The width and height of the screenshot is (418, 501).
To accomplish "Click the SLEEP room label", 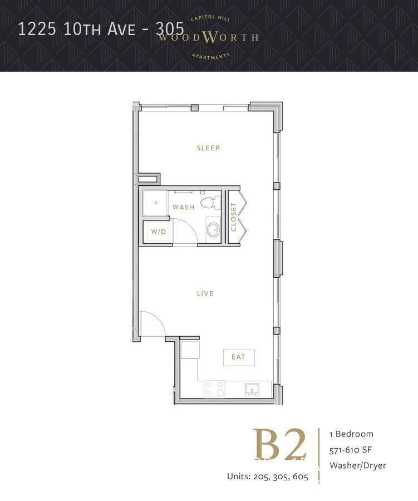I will (208, 148).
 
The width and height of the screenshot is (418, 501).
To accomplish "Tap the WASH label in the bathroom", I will (183, 207).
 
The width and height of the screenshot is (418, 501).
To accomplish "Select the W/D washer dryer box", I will (158, 232).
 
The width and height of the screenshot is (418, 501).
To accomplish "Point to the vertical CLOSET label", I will (234, 217).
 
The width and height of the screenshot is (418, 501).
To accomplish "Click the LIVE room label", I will (205, 293).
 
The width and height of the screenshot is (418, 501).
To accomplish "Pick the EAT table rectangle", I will (238, 357).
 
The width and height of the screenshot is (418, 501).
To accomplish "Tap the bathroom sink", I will (213, 229).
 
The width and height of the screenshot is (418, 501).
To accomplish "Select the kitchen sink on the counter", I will (252, 389).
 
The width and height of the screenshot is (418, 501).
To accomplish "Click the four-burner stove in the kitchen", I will (214, 389).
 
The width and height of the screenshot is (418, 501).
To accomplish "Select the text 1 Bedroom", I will (351, 434).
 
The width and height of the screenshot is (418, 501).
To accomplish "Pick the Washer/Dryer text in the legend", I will (357, 465).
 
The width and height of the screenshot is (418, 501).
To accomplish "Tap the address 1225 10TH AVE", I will (78, 29).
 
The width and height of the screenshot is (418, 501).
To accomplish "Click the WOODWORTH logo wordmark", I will (208, 38).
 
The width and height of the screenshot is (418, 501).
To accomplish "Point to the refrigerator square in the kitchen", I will (190, 351).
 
